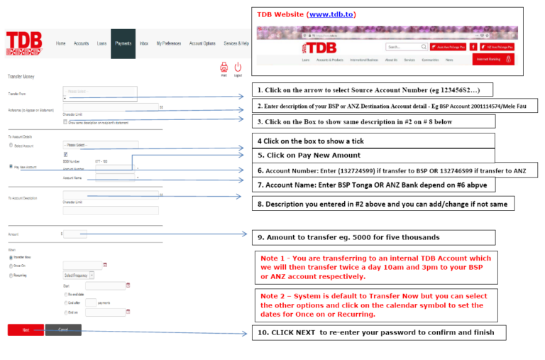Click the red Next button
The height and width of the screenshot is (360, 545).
click(x=26, y=329)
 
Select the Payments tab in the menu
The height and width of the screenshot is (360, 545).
click(x=123, y=43)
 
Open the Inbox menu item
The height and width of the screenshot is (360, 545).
click(x=144, y=43)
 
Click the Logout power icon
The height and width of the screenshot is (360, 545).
click(x=238, y=67)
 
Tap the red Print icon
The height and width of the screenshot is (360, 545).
click(x=224, y=67)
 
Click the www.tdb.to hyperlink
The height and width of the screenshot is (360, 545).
click(x=332, y=14)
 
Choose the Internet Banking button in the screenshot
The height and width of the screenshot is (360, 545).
click(x=493, y=60)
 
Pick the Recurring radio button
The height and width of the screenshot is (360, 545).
click(x=10, y=275)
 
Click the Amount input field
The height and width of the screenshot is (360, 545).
click(x=75, y=233)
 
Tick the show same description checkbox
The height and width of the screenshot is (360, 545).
click(x=65, y=121)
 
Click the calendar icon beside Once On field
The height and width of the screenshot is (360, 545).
click(x=105, y=265)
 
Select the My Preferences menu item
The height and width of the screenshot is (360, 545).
click(x=169, y=43)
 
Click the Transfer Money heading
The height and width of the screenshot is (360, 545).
click(x=21, y=76)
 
